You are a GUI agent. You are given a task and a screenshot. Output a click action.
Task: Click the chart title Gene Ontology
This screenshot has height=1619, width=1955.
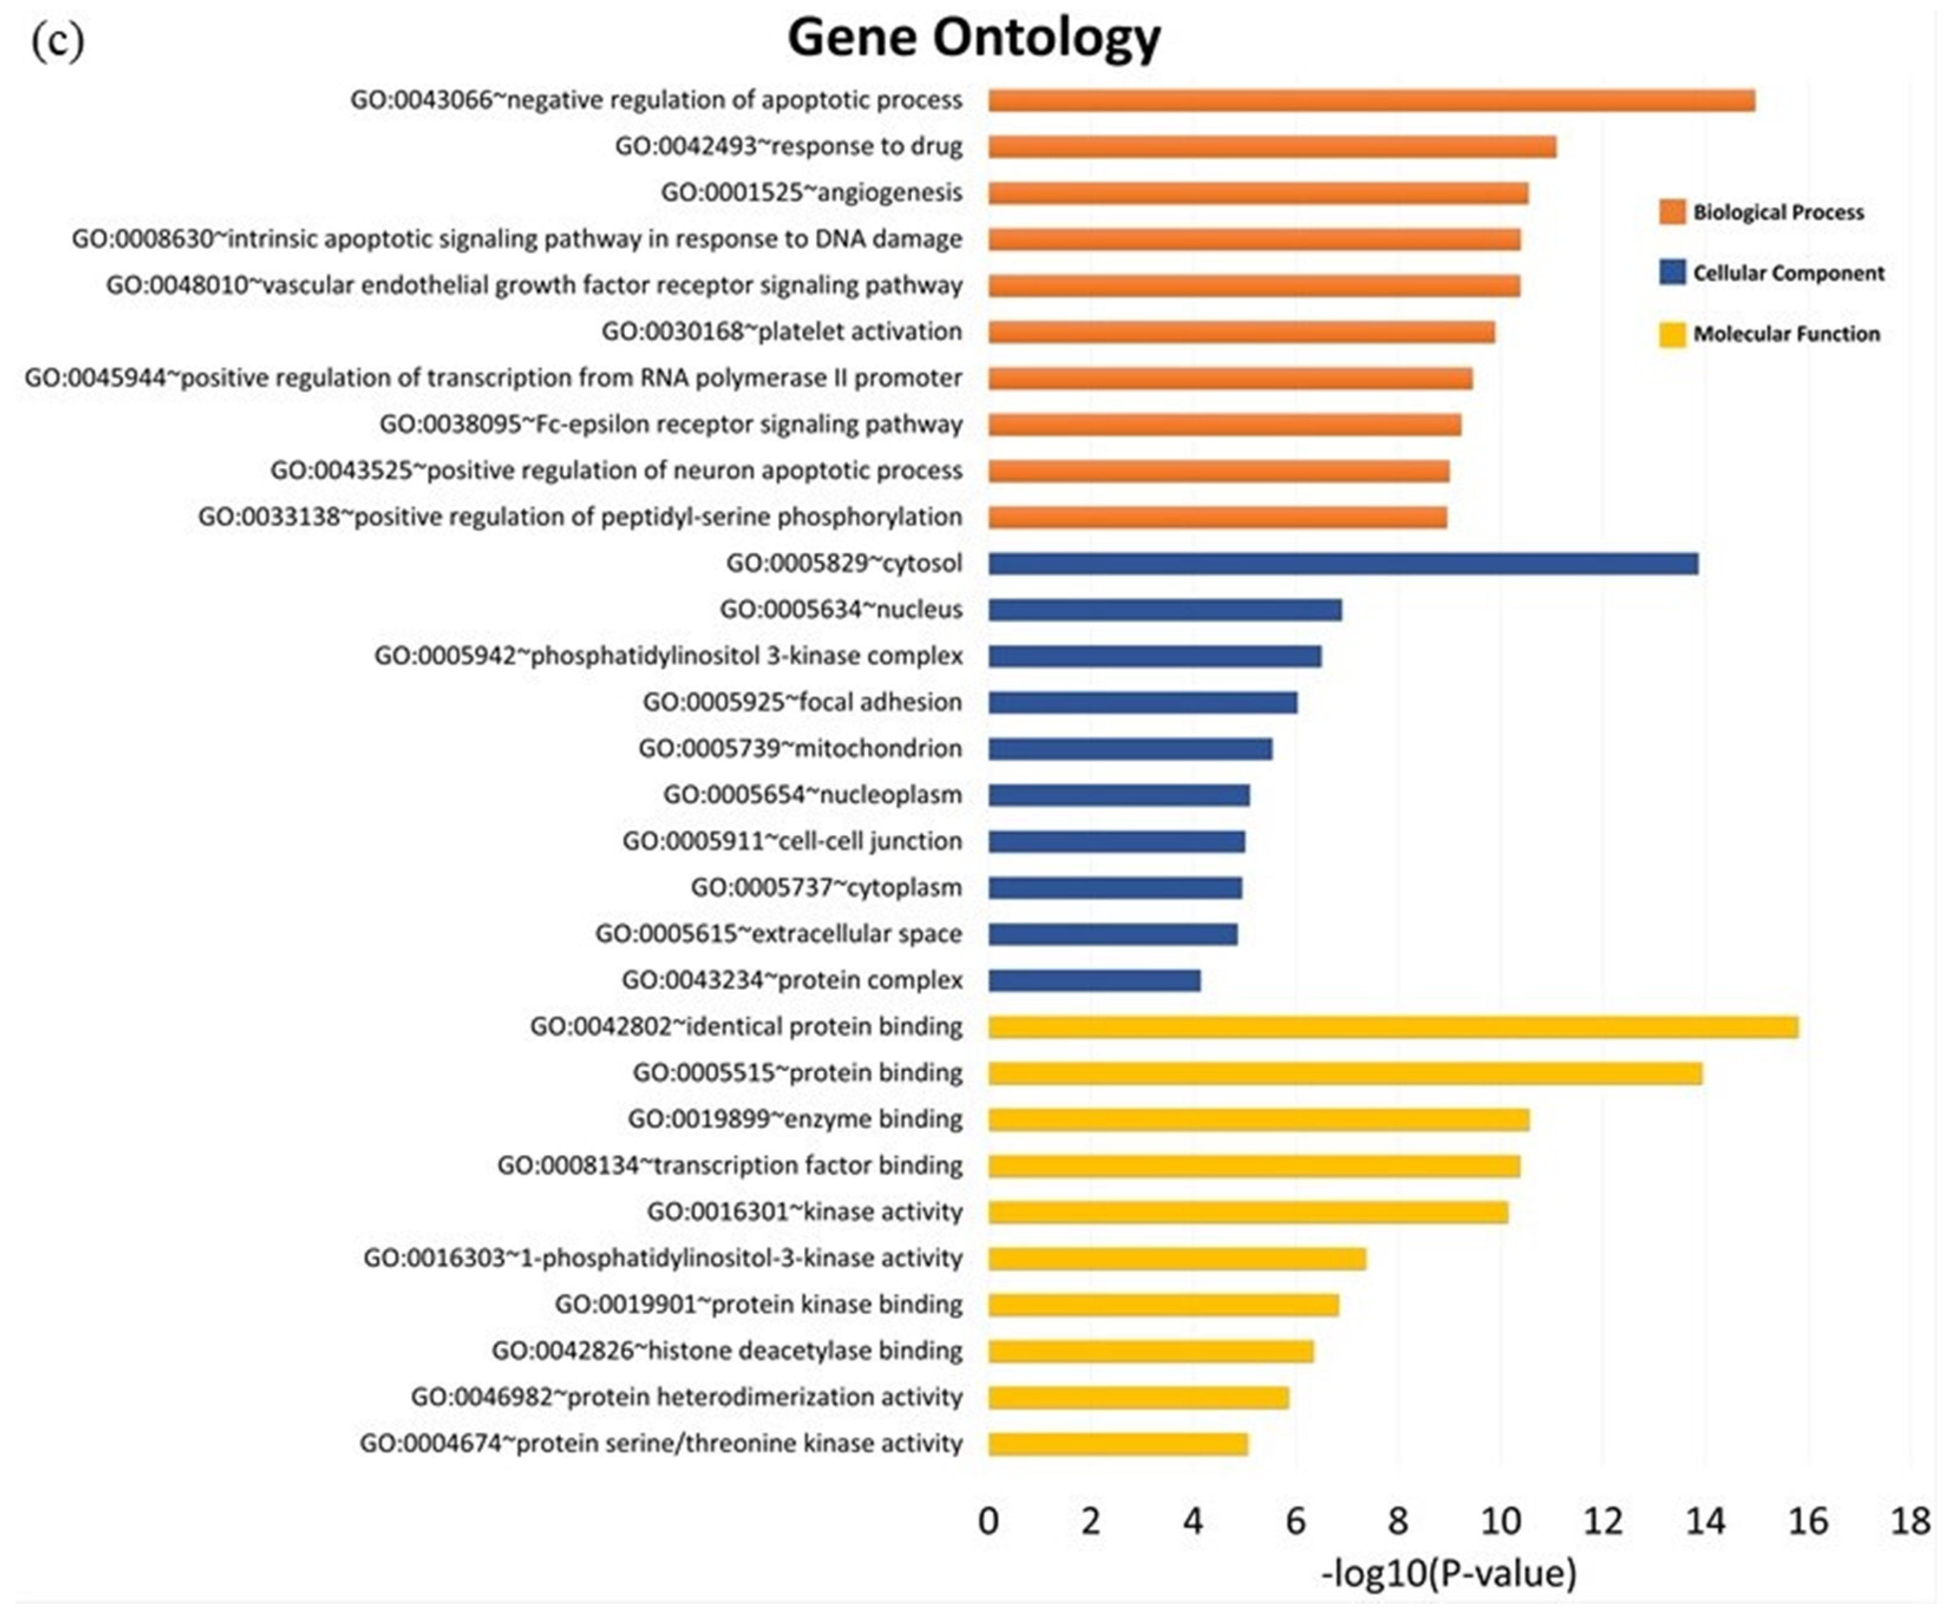click(974, 39)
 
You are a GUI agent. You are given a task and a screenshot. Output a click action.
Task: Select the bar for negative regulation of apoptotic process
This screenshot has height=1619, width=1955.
click(1371, 100)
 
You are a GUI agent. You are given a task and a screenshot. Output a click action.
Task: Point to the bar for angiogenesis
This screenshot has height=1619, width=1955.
click(1258, 193)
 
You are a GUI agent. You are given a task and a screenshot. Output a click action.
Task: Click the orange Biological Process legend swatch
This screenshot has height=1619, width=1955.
click(1672, 212)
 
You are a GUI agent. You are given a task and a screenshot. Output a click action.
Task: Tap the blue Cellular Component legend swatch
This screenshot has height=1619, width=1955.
click(1672, 272)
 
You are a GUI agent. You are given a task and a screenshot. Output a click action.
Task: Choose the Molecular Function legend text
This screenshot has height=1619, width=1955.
click(1787, 334)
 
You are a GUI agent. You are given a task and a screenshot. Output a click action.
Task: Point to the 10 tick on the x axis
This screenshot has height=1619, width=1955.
click(1500, 1521)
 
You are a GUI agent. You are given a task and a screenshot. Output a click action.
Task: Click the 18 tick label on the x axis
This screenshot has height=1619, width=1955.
click(1910, 1521)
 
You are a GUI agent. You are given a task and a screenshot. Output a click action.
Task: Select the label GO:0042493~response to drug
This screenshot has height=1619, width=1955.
click(789, 146)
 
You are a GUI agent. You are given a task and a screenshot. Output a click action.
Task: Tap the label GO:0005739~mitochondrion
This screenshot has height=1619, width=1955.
click(800, 748)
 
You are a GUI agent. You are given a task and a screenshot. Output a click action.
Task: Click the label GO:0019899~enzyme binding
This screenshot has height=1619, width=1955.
click(795, 1118)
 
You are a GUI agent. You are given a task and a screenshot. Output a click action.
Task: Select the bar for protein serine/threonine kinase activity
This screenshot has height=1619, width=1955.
click(1118, 1444)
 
